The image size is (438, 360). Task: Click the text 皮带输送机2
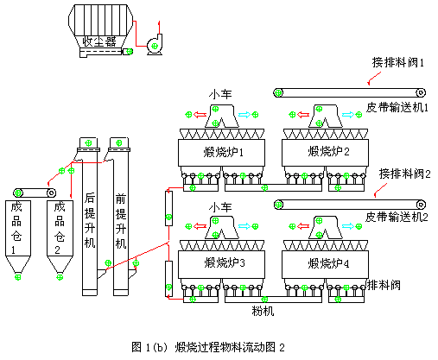coord(396,217)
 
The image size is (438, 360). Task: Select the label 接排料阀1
coord(403,62)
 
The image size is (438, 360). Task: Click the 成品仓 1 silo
coord(17,233)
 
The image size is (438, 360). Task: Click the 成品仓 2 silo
coord(59,233)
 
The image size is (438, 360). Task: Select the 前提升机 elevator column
coord(121,220)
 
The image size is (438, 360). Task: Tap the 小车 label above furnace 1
coord(219,93)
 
